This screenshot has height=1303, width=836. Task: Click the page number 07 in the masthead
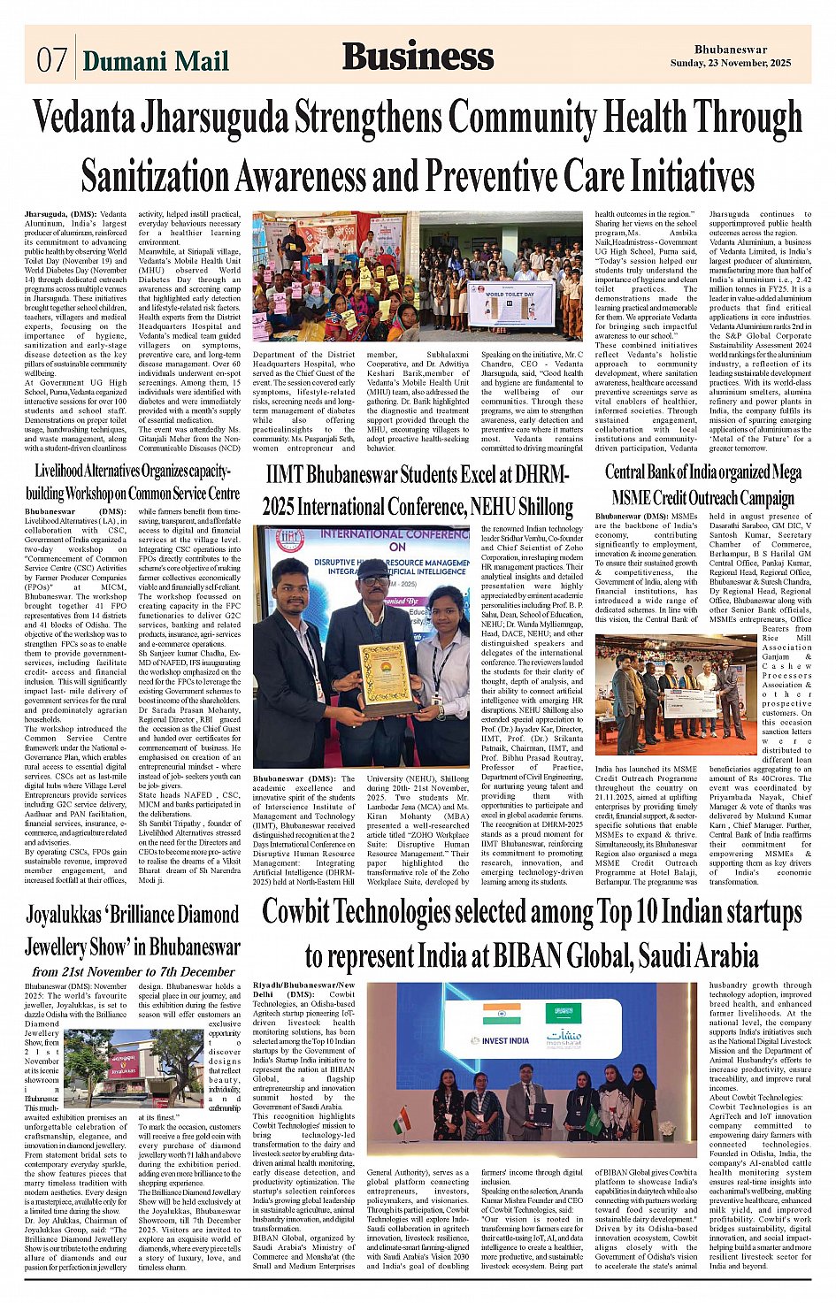51,60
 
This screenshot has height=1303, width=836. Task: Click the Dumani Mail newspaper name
156,61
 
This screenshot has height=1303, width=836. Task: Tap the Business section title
418,57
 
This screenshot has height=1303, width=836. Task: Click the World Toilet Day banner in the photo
510,303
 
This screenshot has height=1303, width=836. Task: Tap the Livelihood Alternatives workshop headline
133,482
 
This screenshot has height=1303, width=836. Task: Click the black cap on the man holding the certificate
373,568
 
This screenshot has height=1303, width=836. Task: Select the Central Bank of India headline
703,484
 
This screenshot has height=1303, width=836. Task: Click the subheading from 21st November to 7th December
133,971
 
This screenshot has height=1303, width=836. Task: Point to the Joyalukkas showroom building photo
122,1069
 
